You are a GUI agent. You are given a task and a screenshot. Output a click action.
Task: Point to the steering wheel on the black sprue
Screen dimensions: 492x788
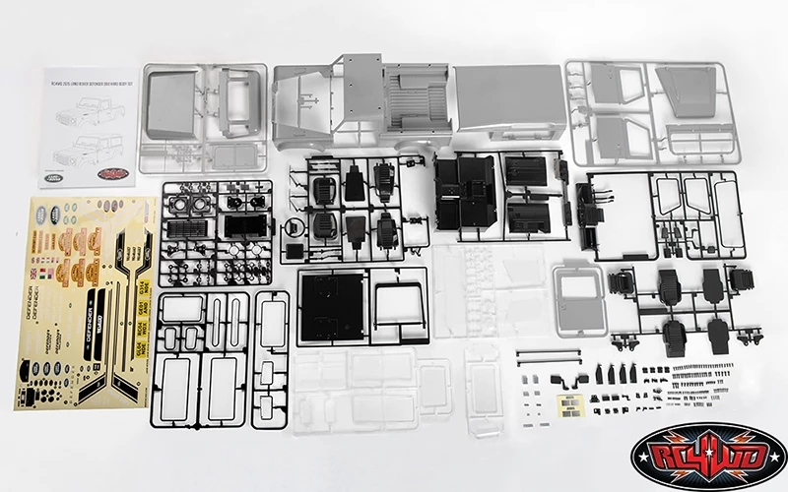point(293,228)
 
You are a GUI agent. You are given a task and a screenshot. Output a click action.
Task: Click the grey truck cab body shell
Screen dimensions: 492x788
point(360,103)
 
